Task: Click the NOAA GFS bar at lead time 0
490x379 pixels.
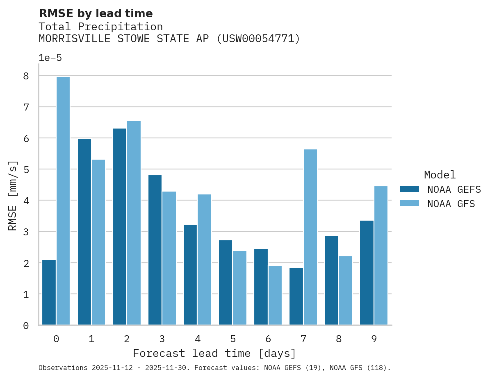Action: point(63,201)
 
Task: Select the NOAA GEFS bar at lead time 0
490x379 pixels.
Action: point(49,292)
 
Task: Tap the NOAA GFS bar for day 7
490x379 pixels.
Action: point(310,237)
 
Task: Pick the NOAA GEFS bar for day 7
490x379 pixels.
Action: point(296,296)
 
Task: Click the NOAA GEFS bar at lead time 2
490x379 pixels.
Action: point(120,227)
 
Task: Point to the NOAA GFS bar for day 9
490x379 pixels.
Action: point(381,255)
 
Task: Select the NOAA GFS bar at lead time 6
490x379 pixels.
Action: point(275,296)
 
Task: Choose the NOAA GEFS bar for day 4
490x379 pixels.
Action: point(190,275)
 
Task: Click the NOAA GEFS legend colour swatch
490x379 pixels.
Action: point(409,189)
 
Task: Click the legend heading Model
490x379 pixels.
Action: point(440,175)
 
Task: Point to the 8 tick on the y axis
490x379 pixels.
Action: point(26,76)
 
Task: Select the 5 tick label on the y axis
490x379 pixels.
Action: point(26,169)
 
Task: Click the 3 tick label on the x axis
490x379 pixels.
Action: point(162,339)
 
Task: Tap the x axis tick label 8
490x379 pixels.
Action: point(339,339)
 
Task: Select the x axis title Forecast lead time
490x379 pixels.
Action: point(214,353)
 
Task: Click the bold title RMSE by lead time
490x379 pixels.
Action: point(96,14)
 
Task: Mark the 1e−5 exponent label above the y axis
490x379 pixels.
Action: point(50,58)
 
